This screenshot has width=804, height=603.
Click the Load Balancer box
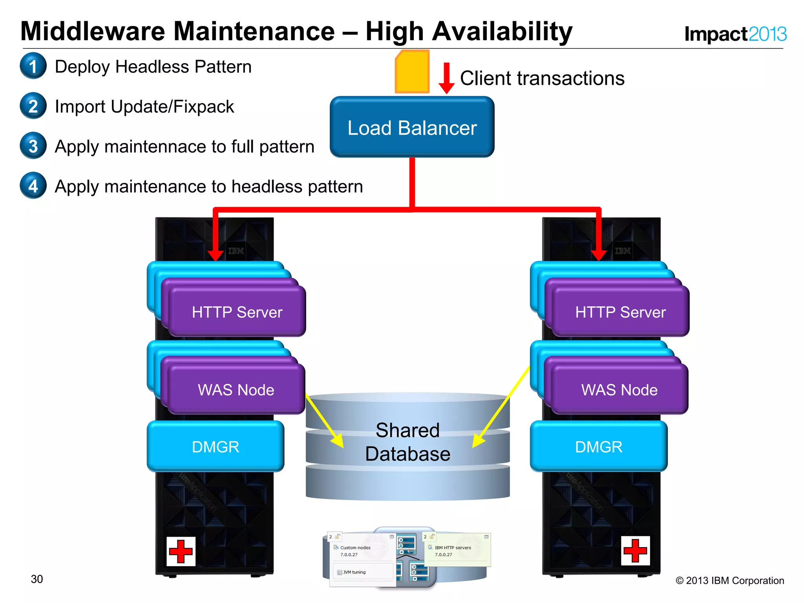[x=412, y=127]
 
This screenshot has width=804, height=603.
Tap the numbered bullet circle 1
[x=33, y=66]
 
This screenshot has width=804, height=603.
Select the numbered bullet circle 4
[x=33, y=186]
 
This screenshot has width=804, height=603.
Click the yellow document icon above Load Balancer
[x=412, y=72]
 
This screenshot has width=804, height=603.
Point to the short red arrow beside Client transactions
[x=446, y=78]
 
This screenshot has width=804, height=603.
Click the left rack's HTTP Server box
[x=237, y=312]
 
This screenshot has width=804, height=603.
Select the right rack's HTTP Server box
[x=620, y=312]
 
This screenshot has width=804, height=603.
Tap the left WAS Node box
[x=236, y=390]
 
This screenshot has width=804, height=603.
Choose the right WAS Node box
[x=619, y=390]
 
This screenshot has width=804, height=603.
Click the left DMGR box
[x=215, y=447]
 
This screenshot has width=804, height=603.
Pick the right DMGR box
[x=598, y=447]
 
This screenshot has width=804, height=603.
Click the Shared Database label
[x=407, y=442]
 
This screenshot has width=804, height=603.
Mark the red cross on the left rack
[x=181, y=551]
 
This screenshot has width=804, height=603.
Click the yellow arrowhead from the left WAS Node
[x=338, y=441]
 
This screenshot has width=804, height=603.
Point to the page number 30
[x=37, y=579]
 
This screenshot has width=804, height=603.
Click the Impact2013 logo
[x=735, y=34]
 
